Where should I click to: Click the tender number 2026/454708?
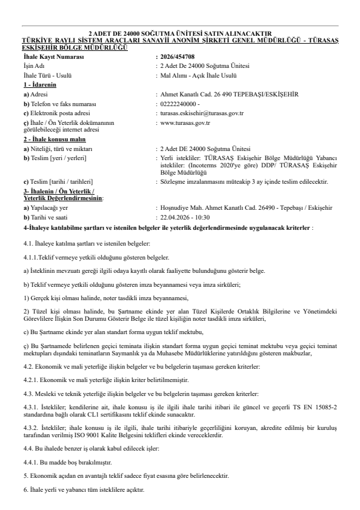tap(178, 56)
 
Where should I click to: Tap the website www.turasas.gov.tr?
tap(185, 122)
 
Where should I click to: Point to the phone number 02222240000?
tap(180, 104)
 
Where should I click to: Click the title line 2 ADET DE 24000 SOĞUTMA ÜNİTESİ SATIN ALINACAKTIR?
tap(180, 32)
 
